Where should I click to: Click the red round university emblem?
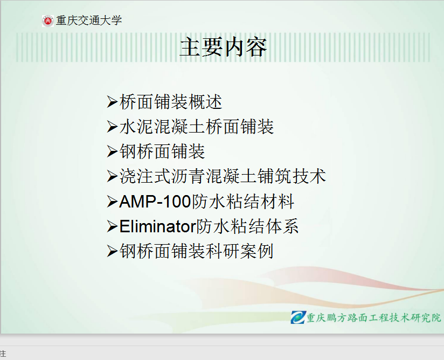[47, 21]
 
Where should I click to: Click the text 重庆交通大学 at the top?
[88, 20]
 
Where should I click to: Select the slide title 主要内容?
[223, 47]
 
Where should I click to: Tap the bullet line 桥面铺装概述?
[171, 102]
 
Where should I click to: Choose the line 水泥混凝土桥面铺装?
[197, 126]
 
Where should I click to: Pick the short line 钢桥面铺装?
[162, 151]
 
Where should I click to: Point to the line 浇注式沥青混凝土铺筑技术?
[223, 176]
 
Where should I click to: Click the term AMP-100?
[155, 202]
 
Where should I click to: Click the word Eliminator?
[158, 226]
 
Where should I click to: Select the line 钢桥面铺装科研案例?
[197, 251]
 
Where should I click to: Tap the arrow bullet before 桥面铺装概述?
[112, 102]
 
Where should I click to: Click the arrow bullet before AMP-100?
[112, 202]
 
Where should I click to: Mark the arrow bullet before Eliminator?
[112, 226]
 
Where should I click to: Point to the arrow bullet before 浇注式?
[112, 176]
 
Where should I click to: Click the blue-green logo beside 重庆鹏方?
[298, 317]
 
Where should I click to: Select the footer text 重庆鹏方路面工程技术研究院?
[374, 317]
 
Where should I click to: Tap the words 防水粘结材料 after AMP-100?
[243, 202]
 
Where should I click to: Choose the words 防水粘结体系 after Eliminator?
[247, 226]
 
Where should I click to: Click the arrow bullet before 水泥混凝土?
[112, 127]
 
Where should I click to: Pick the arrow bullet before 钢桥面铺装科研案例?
[112, 252]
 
